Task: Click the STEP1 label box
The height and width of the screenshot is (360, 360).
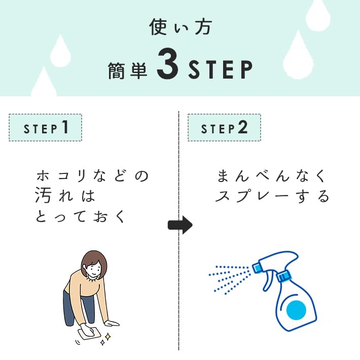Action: coord(45,127)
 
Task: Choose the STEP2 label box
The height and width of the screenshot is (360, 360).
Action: coord(224,127)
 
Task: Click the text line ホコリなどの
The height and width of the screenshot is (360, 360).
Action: coord(93,176)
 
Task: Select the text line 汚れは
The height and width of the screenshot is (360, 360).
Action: coord(65,196)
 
